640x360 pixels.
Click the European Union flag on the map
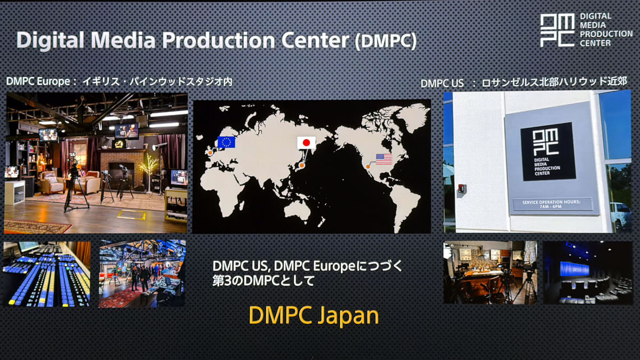(x=226, y=142)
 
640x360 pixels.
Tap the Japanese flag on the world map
(x=306, y=142)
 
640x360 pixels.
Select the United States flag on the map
(x=384, y=159)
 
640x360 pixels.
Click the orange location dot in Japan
(x=301, y=165)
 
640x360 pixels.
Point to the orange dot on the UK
(x=210, y=153)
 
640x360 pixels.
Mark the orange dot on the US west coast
(x=368, y=166)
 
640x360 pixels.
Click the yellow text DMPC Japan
(x=314, y=316)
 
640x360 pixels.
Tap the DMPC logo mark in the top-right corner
(x=557, y=30)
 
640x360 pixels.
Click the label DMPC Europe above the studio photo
(x=38, y=82)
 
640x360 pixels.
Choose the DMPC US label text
(x=442, y=83)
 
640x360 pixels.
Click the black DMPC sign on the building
(x=548, y=151)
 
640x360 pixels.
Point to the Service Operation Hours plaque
(x=551, y=204)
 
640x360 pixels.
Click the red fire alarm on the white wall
(x=462, y=189)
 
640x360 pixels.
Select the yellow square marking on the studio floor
(x=132, y=214)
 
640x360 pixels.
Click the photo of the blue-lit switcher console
(x=47, y=274)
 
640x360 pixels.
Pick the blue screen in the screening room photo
(x=574, y=269)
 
